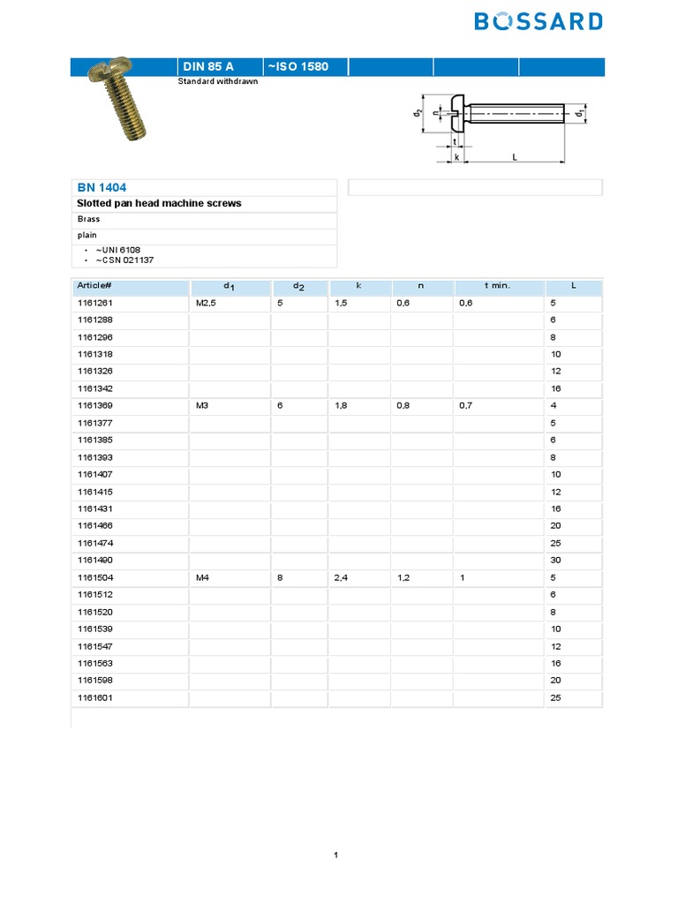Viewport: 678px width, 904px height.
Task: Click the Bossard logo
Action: (539, 21)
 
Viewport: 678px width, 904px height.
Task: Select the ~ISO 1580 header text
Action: (298, 67)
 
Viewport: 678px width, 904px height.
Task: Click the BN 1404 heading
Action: (102, 188)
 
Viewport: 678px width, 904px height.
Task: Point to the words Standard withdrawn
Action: (218, 81)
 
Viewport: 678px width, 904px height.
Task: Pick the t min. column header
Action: (497, 286)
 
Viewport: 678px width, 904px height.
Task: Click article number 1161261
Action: (94, 303)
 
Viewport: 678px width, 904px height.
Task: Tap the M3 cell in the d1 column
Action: (202, 406)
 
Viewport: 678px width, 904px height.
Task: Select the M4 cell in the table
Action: (202, 578)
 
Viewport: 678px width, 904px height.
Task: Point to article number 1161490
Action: (94, 561)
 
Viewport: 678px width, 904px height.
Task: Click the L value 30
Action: (556, 561)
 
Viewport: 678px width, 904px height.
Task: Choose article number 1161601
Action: (94, 698)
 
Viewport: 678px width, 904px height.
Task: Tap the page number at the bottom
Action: (336, 855)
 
